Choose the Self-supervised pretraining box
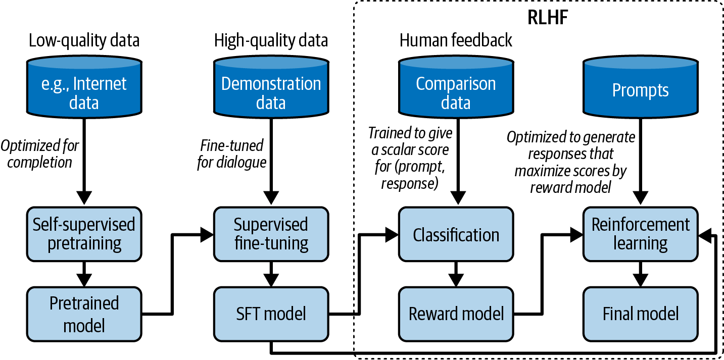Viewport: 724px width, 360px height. point(84,234)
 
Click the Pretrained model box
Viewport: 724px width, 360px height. point(84,314)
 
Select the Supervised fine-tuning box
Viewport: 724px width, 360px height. point(271,234)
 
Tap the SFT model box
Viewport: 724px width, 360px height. point(271,314)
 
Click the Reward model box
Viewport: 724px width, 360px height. point(456,314)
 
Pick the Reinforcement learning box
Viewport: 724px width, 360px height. point(640,234)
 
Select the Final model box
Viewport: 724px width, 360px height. point(640,314)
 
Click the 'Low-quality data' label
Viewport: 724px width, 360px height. point(84,40)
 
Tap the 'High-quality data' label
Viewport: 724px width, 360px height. point(271,40)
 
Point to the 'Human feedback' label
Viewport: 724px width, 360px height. point(456,40)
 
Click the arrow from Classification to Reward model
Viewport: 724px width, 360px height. point(456,275)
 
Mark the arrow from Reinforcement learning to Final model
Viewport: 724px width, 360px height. point(640,275)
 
